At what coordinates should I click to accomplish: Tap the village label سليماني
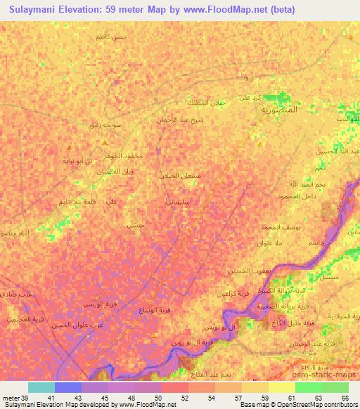pos(194,202)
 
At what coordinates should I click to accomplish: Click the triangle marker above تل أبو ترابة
pos(68,149)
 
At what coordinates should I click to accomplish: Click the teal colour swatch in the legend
pos(41,387)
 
